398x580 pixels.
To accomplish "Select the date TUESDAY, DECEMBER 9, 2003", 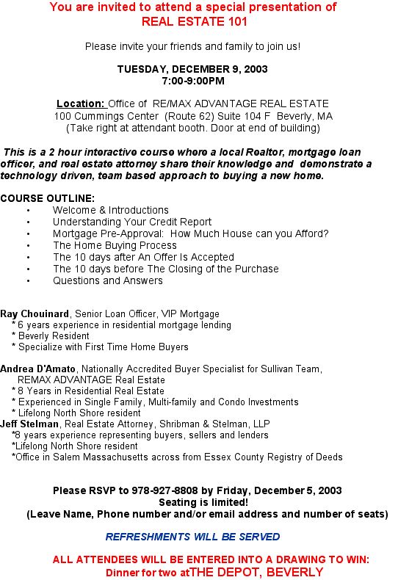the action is [192, 69].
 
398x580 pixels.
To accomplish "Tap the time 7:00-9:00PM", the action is [192, 81].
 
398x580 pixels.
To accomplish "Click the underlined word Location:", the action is [81, 104].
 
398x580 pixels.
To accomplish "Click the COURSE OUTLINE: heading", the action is [47, 198].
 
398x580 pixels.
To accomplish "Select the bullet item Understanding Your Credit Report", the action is [132, 222].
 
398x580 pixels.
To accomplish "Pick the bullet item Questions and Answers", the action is [108, 280].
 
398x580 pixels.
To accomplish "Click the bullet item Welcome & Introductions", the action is [111, 210].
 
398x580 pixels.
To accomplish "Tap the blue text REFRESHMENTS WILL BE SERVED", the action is [192, 537].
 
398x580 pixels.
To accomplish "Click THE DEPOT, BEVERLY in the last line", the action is [256, 571].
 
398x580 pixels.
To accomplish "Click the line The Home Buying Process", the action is [115, 245].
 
